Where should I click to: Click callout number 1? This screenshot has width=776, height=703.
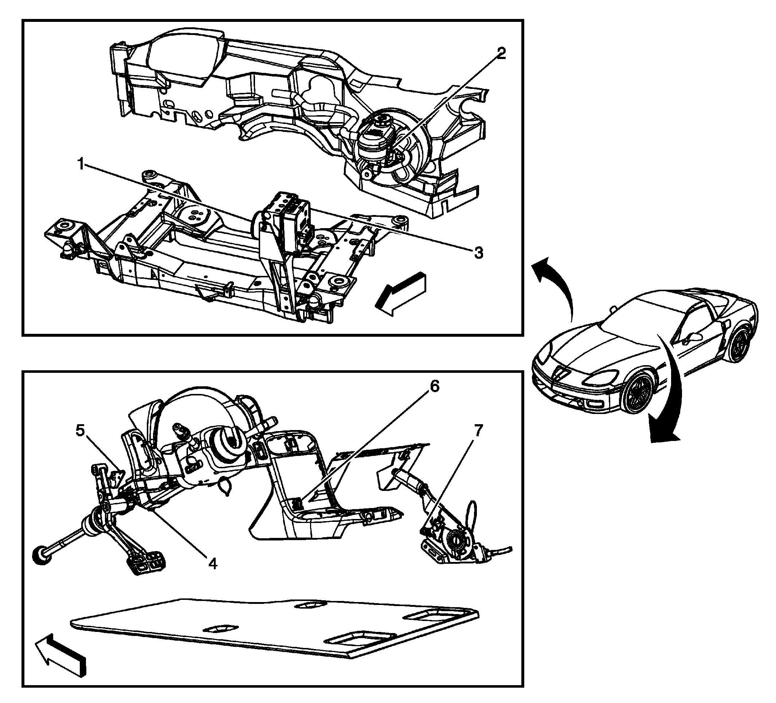click(x=81, y=165)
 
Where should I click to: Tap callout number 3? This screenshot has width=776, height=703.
click(x=478, y=253)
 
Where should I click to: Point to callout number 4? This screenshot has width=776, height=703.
click(x=212, y=564)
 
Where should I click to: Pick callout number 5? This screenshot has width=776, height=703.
click(x=80, y=431)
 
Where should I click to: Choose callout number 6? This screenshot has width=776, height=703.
click(x=434, y=387)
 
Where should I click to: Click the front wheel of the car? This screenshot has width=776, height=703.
click(x=638, y=391)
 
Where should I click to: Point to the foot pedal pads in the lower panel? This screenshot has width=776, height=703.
click(x=146, y=562)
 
